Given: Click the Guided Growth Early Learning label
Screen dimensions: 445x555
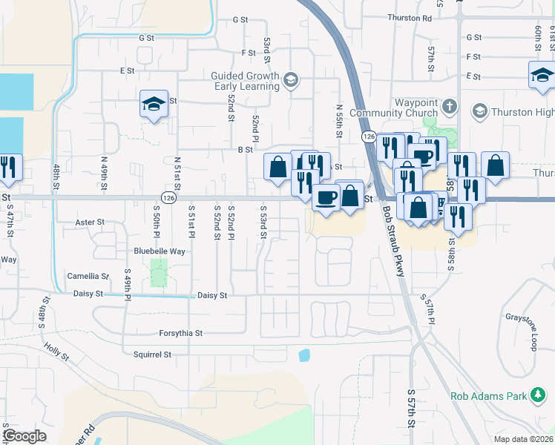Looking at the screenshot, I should (245, 81).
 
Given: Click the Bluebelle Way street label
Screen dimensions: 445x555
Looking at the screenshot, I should (159, 251).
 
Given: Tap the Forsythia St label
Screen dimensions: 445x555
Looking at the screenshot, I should (180, 333).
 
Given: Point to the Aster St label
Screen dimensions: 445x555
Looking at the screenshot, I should (90, 222).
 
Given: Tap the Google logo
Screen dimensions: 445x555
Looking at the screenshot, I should (24, 436).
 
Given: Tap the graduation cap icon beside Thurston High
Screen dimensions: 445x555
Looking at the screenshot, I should (479, 112).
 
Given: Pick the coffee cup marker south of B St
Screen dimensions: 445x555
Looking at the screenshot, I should (326, 197).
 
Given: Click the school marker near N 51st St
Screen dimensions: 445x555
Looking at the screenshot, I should (154, 104).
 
